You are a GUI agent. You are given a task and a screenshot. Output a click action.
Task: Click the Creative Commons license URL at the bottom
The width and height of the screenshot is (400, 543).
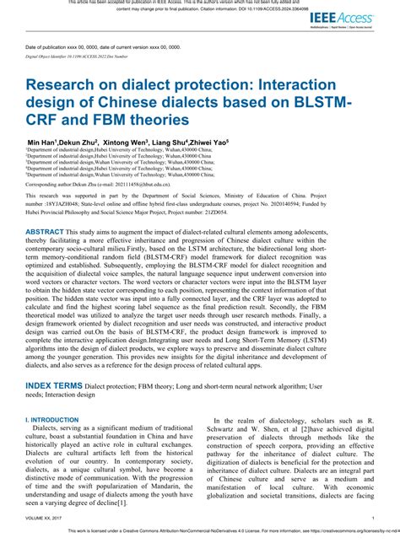[x=346, y=532]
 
